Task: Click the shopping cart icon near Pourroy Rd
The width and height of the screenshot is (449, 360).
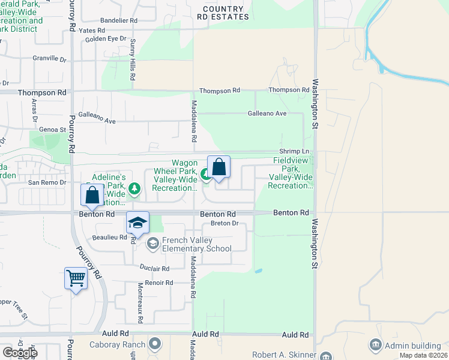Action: [76, 278]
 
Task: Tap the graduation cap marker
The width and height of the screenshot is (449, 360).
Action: [137, 223]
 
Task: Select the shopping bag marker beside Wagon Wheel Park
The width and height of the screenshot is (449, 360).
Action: [219, 167]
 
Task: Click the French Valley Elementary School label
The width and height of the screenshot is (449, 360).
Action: [196, 245]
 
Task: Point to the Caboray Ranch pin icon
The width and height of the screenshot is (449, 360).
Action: [155, 344]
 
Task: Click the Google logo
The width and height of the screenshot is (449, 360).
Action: [19, 353]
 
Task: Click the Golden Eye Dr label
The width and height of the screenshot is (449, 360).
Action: [106, 39]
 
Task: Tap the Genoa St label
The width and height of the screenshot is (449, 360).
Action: [53, 129]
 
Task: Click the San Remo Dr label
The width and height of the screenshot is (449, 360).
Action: [46, 182]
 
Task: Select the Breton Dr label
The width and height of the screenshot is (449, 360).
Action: [224, 224]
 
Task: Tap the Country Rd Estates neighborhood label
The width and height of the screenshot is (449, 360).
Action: [223, 13]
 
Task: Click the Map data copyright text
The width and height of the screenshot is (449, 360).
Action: [423, 355]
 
